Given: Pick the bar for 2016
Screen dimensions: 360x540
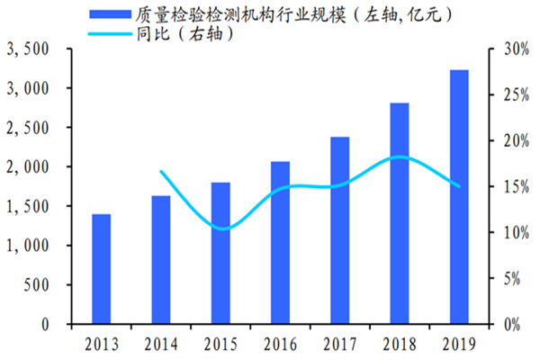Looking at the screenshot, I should click(x=280, y=242).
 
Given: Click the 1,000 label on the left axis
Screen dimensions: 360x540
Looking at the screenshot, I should click(x=31, y=246).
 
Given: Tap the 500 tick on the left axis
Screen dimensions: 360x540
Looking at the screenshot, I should click(x=39, y=284).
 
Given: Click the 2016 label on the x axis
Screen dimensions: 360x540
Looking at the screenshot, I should click(x=280, y=343).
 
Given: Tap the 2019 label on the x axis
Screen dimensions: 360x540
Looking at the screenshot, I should click(x=459, y=343).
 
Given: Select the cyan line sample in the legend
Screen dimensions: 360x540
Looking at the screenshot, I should click(x=109, y=34).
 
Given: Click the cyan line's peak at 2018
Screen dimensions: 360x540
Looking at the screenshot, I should click(x=400, y=157).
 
